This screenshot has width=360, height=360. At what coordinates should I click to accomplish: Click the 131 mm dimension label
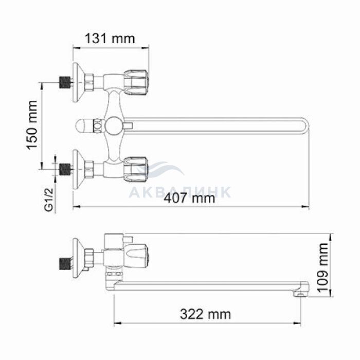click(110, 39)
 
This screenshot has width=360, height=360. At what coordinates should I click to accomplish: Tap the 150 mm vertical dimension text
click(32, 125)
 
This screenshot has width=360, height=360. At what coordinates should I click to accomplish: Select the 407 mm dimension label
click(189, 198)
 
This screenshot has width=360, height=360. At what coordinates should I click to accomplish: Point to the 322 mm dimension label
click(205, 314)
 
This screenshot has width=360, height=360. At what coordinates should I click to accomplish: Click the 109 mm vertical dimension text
click(323, 267)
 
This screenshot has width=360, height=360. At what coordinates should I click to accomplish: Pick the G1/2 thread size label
click(49, 199)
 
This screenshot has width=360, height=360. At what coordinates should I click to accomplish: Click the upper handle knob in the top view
click(136, 82)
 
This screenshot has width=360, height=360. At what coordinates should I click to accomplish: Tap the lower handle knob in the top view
click(136, 170)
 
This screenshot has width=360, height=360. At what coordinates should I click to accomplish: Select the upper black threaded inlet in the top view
click(65, 82)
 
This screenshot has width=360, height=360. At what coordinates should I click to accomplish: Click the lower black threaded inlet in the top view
click(65, 170)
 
